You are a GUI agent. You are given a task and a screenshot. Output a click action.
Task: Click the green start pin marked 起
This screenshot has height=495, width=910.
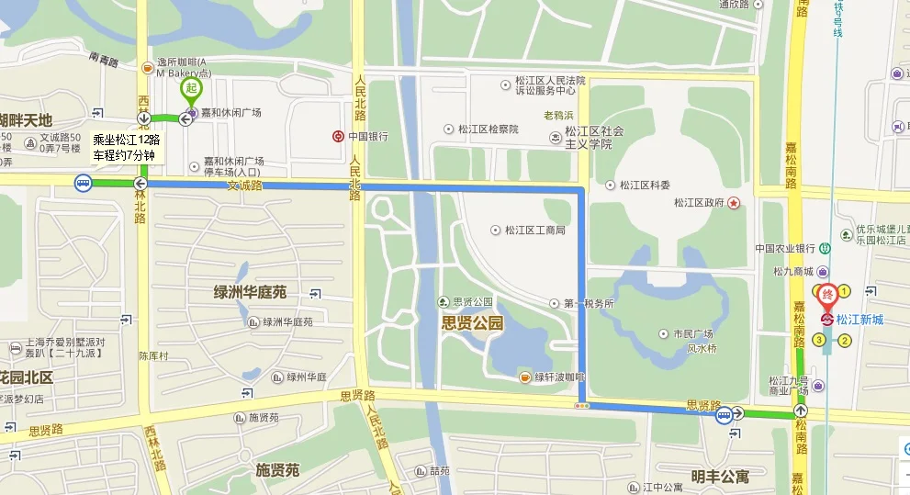click(190, 90)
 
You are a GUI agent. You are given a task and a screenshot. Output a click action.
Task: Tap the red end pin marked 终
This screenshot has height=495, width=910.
click(826, 295)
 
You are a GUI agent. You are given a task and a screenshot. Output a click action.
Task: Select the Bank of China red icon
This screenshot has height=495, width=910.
click(338, 136)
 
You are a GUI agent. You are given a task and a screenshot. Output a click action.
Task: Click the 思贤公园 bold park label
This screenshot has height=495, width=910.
click(472, 322)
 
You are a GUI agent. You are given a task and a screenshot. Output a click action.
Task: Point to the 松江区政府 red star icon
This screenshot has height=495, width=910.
click(734, 203)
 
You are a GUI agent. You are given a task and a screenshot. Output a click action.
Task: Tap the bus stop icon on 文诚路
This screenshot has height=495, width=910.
click(84, 184)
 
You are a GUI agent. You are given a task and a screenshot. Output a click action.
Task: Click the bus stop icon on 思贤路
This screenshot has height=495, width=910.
click(725, 414)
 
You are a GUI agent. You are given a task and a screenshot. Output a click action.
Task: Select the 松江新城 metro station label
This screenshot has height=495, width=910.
click(864, 320)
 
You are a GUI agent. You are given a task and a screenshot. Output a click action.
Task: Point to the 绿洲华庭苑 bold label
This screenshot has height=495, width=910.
click(250, 292)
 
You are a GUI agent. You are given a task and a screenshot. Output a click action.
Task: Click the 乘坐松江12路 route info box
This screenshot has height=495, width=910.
click(127, 147)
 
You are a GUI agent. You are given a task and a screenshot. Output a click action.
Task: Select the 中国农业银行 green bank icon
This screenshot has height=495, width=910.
click(825, 246)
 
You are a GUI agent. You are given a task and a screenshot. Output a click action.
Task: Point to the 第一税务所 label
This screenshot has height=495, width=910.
click(588, 303)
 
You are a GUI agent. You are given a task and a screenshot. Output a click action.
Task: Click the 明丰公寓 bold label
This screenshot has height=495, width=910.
click(720, 477)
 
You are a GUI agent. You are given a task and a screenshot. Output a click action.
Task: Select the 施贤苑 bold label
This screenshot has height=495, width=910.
click(277, 470)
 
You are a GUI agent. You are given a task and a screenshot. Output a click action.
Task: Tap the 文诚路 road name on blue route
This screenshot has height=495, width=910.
click(244, 186)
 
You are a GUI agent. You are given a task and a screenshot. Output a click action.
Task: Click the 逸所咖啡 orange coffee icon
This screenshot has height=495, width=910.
click(148, 67)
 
